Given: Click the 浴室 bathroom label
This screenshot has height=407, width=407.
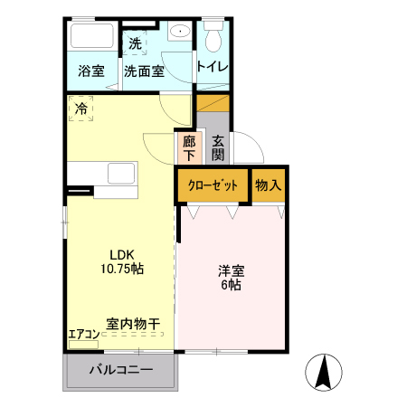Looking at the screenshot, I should [90, 71].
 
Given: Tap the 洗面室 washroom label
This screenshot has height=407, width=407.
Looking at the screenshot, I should [144, 71].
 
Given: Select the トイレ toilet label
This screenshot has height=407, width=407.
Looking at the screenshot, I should [213, 68].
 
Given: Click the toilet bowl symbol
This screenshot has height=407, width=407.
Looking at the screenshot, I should [213, 39].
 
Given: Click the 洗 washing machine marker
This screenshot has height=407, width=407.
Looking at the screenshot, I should [135, 43].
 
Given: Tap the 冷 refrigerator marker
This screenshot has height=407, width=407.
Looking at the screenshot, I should [80, 110].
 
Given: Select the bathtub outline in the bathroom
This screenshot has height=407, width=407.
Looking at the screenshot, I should [91, 38].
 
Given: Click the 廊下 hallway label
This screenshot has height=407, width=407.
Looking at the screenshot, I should [189, 147].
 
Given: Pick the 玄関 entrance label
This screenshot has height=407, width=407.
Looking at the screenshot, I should [219, 147].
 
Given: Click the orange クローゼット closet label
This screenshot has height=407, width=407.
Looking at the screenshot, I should [213, 185].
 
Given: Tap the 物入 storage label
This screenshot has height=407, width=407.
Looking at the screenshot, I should [269, 185].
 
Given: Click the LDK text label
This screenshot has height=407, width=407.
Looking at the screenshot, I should [122, 253].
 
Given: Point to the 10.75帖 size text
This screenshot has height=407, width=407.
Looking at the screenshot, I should [122, 269].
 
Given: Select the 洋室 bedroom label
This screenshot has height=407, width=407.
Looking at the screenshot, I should [230, 270].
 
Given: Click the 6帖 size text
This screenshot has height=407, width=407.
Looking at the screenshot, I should [230, 285].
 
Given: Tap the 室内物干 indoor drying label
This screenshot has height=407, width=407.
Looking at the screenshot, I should [133, 324].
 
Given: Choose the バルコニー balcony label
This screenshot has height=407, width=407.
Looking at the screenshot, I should [119, 370].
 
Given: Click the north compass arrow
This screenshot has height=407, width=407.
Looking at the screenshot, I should [323, 371].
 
